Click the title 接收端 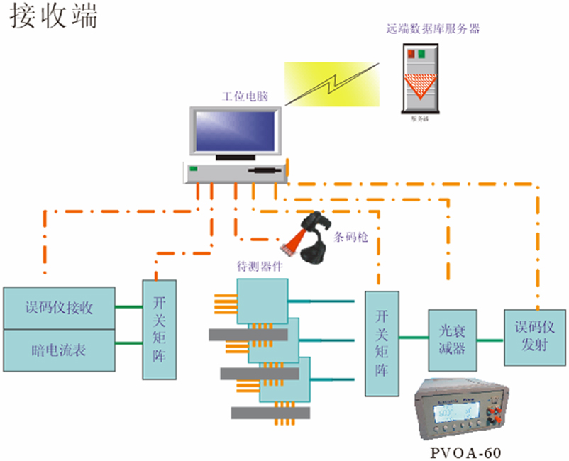(x=53, y=18)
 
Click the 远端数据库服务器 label (x=433, y=30)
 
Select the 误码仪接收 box (x=59, y=308)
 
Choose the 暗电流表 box (x=59, y=350)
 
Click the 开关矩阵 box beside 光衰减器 (x=382, y=343)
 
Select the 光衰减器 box (x=452, y=339)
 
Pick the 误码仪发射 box (x=534, y=336)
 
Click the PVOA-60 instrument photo (x=463, y=409)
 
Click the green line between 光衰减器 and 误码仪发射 (x=490, y=340)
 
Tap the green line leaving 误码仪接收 (x=128, y=307)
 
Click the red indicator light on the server (x=410, y=53)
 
